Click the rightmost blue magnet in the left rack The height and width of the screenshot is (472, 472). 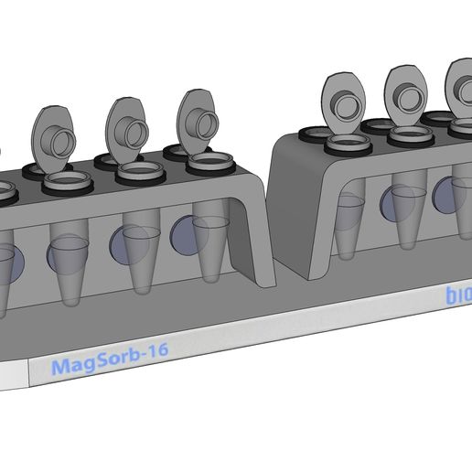(x=186, y=233)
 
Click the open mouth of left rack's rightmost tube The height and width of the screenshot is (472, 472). (x=210, y=165)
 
